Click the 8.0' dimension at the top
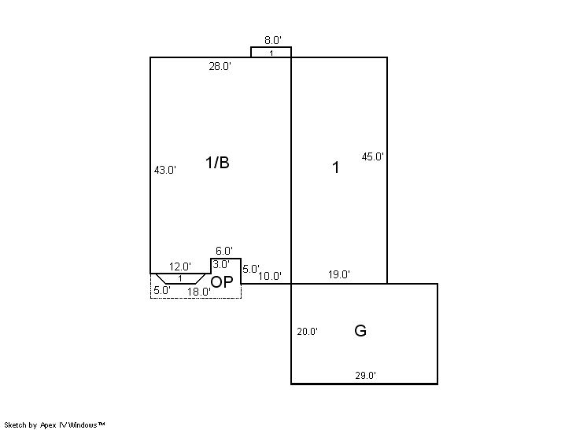[x=273, y=40]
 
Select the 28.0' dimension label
[x=220, y=67]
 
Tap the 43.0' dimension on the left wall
[x=165, y=170]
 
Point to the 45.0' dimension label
[x=373, y=156]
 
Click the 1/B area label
[x=217, y=163]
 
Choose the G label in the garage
[x=360, y=331]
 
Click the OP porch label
[x=222, y=282]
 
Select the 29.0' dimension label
[x=366, y=376]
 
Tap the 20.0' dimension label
[x=308, y=332]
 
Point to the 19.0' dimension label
[x=339, y=274]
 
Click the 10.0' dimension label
[x=270, y=277]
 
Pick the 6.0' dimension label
[x=224, y=251]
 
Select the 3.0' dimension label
[x=221, y=265]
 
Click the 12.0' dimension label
[x=180, y=267]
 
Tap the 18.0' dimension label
[x=199, y=292]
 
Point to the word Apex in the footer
[x=48, y=425]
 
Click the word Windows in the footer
[x=83, y=424]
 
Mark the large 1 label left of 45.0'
[x=336, y=167]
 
